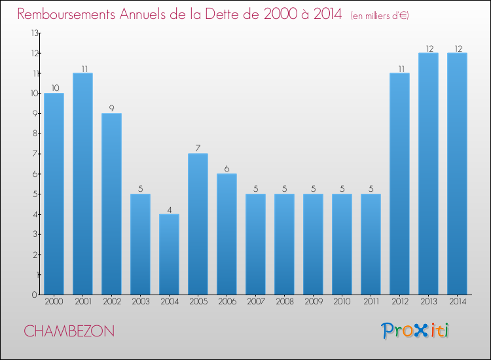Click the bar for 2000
[54, 194]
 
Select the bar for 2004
[169, 254]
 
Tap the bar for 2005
[198, 224]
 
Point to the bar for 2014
[457, 173]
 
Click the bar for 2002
[111, 204]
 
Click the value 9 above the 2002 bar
[111, 109]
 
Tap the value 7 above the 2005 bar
[198, 149]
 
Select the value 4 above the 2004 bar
[169, 209]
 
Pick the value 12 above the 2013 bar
[428, 48]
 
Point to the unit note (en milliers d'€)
[380, 16]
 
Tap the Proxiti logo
[416, 331]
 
